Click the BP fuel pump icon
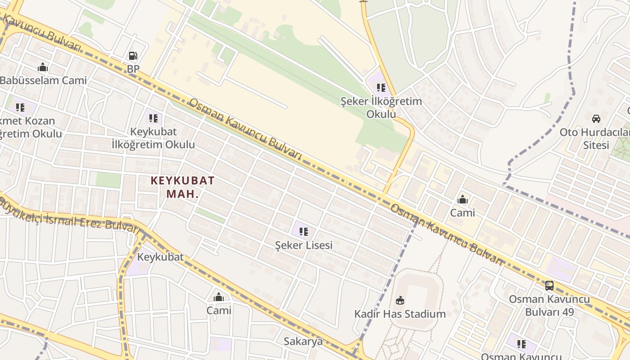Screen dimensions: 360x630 coord(133,56)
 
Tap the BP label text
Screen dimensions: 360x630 coord(133,69)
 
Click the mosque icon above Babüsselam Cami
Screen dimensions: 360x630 coord(43,67)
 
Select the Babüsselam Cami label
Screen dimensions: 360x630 coord(43,81)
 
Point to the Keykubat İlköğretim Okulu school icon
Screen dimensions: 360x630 coord(153,118)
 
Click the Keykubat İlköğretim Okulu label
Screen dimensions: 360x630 coord(153,138)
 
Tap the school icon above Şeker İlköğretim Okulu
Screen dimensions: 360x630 coord(381,88)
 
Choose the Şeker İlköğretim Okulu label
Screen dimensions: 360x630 coord(381,108)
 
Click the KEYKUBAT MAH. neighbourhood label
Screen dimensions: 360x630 coord(182,187)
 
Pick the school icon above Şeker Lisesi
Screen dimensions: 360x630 coord(304,232)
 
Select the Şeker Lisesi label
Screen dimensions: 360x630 coord(304,245)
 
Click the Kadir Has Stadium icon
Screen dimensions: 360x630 coord(400,300)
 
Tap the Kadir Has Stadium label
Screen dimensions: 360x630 coord(400,314)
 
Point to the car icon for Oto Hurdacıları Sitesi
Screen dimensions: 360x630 coord(596,119)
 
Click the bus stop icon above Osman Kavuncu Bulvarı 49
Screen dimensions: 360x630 coord(549,285)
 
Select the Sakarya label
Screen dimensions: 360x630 coord(303,341)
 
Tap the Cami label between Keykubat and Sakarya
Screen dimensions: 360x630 coord(219,310)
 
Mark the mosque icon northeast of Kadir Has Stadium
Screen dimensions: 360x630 coord(462,199)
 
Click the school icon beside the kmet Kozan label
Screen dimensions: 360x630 coord(20,108)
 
